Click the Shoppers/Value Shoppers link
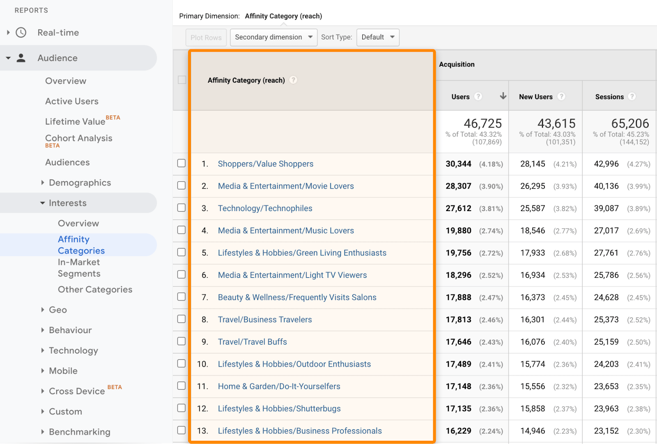[265, 164]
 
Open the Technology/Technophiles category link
[265, 208]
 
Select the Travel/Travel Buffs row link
[252, 342]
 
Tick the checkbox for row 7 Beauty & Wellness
[181, 297]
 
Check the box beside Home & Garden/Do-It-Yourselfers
[181, 386]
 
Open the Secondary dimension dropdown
[273, 37]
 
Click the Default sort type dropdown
[378, 37]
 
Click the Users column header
[460, 97]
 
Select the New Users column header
[535, 97]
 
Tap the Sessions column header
[609, 97]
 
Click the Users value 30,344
[458, 164]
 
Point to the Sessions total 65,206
[630, 123]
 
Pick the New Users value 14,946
[533, 431]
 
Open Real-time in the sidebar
[58, 32]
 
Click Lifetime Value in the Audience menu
[75, 122]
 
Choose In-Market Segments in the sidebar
[79, 268]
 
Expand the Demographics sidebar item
[80, 183]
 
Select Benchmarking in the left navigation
[79, 432]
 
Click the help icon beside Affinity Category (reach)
[293, 80]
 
